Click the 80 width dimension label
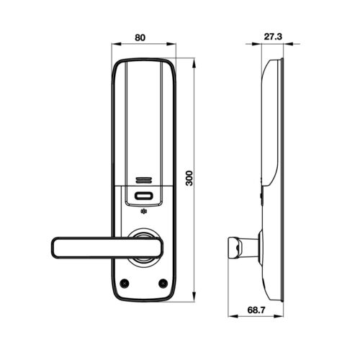pyautogui.click(x=140, y=37)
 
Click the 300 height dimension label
pyautogui.click(x=189, y=178)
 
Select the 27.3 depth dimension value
pyautogui.click(x=273, y=37)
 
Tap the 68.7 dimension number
pyautogui.click(x=256, y=310)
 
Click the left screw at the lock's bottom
pyautogui.click(x=125, y=283)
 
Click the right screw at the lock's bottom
pyautogui.click(x=163, y=283)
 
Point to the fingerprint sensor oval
pyautogui.click(x=143, y=196)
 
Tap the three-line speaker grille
pyautogui.click(x=143, y=180)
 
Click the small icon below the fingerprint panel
pyautogui.click(x=143, y=212)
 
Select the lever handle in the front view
pyautogui.click(x=107, y=248)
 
